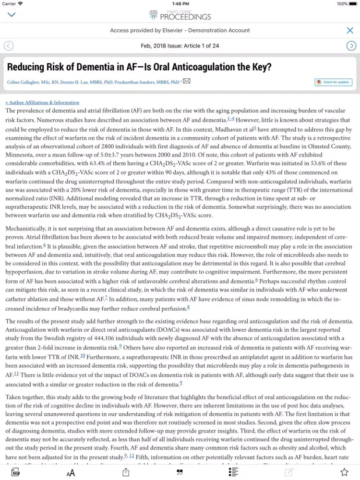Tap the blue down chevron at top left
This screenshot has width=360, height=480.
[x=12, y=15]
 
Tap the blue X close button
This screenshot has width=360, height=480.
[x=350, y=30]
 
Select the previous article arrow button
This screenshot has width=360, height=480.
[x=9, y=46]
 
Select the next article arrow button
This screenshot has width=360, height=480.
[x=351, y=46]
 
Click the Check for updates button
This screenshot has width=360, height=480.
[x=333, y=83]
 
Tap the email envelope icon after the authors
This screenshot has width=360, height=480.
[x=187, y=81]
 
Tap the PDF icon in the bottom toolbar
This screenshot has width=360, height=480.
[x=15, y=472]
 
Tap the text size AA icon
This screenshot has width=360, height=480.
[x=71, y=473]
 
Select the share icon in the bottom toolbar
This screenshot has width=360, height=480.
[x=126, y=472]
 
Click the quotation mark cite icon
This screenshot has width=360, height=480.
[x=180, y=473]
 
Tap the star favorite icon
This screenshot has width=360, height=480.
[x=344, y=472]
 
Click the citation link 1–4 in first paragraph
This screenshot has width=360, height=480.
[x=231, y=119]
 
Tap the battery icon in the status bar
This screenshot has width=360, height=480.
[x=355, y=4]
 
